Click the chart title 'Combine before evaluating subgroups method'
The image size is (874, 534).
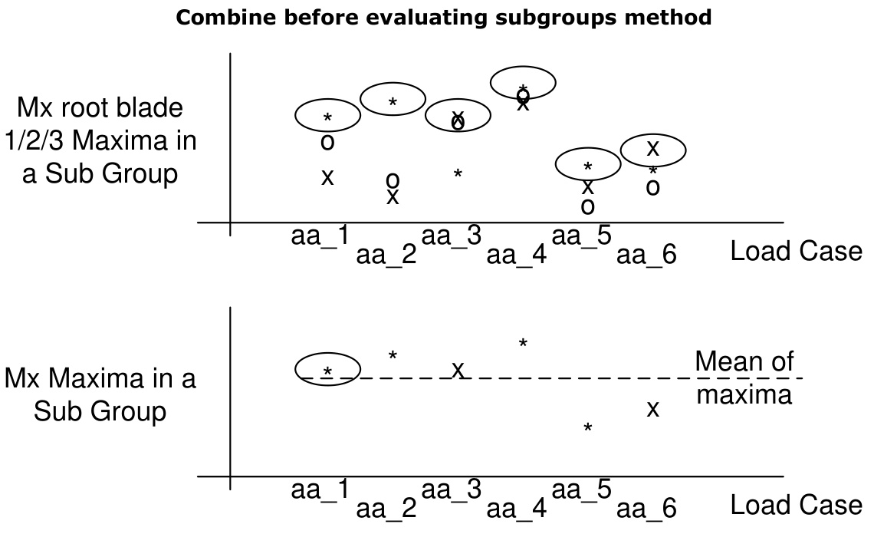coord(444,17)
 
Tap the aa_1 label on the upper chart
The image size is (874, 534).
coord(320,236)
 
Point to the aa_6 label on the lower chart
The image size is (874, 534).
coord(646,507)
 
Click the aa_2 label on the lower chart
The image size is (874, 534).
coord(386,507)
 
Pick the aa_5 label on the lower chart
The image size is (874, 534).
coord(581,489)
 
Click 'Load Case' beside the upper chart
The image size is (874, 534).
coord(796,251)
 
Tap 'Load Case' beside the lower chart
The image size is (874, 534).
coord(796,505)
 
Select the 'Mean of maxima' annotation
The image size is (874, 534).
coord(744,377)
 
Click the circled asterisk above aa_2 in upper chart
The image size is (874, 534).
coord(393,102)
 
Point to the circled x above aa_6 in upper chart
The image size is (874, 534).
coord(652,149)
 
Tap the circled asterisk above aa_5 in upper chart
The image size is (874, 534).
coord(588,167)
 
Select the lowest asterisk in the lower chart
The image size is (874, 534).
coord(588,428)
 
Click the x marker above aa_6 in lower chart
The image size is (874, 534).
coord(652,409)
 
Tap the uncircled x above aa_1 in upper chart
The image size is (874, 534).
coord(327,178)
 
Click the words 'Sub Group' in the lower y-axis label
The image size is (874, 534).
coord(100,411)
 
